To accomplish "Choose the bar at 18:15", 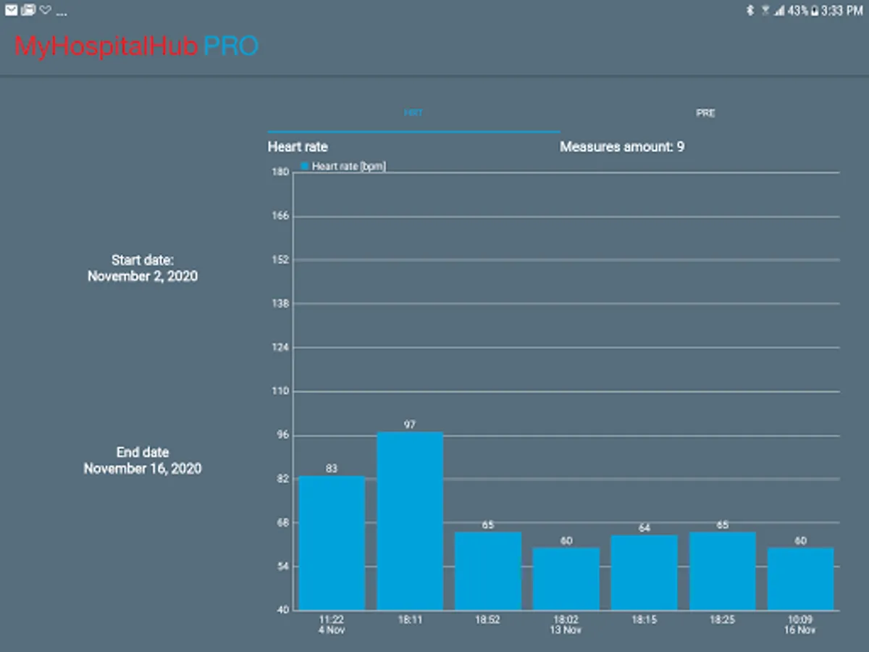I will point(645,572).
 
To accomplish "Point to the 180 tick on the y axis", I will point(280,172).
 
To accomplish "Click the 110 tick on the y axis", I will point(280,391).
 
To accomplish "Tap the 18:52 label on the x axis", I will point(488,620).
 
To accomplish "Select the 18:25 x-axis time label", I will point(723,620).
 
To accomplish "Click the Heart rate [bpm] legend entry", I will point(344,167).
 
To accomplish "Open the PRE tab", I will point(705,114).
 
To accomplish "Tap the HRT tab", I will point(413,114).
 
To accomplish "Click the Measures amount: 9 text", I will point(622,147).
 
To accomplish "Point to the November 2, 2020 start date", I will point(143,276).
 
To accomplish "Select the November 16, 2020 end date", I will point(143,469).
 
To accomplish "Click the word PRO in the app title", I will point(231,47).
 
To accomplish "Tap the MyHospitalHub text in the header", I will point(106,47).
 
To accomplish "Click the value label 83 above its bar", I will point(332,469).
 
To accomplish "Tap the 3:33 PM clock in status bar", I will point(842,11).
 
